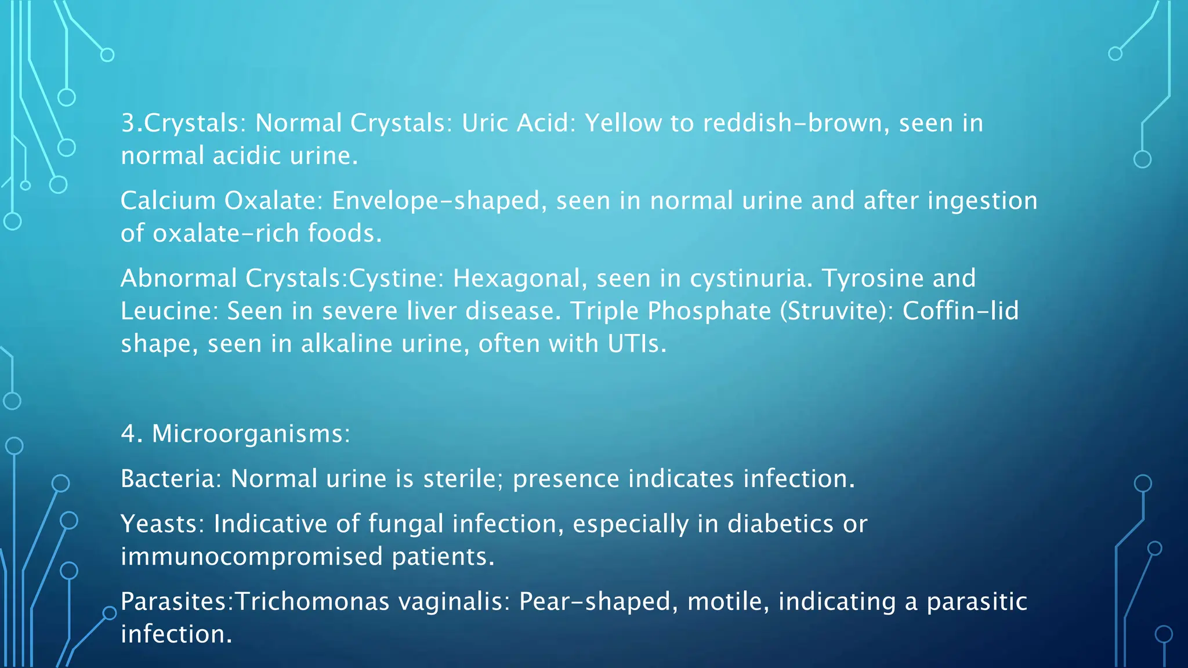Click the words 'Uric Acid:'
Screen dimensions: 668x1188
[x=519, y=123]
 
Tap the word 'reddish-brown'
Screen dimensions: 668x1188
[x=796, y=123]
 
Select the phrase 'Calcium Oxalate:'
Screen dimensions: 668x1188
[x=221, y=201]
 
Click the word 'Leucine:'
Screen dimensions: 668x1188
[x=169, y=311]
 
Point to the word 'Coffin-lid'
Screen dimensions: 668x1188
[x=961, y=311]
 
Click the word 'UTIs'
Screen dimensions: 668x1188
[x=636, y=344]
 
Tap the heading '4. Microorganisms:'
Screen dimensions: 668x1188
[x=236, y=434]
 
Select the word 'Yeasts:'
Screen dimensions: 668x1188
[x=162, y=524]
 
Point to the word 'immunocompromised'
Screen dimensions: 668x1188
[x=252, y=557]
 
